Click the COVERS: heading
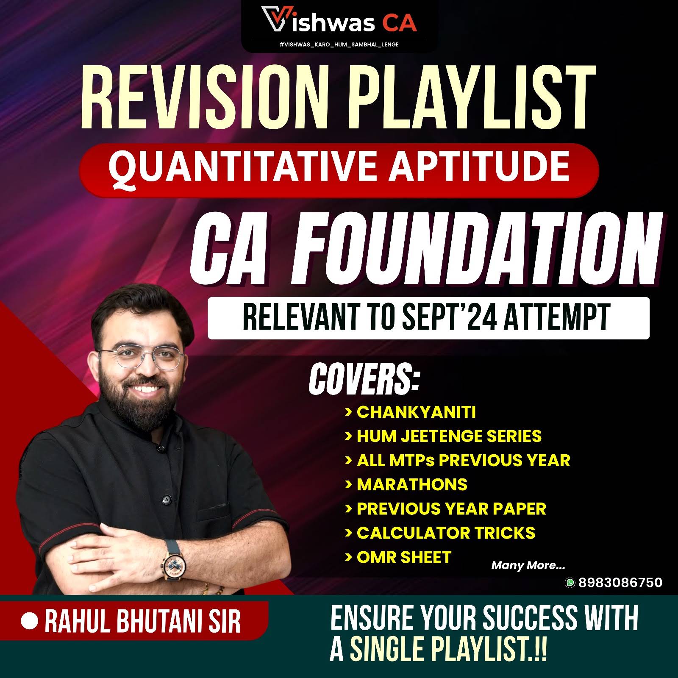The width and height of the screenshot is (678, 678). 364,379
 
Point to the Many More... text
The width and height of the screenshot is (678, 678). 528,565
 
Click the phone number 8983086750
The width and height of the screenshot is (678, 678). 620,582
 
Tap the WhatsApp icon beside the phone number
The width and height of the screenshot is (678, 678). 570,583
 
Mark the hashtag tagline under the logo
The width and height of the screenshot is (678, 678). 339,44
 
